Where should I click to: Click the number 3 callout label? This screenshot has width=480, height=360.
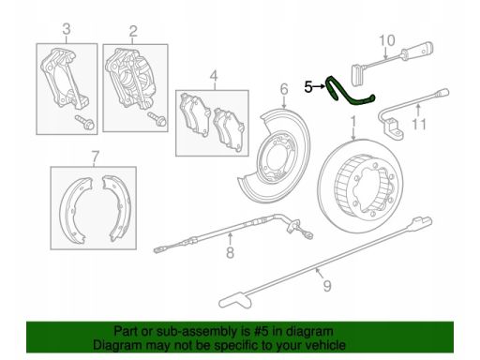pyautogui.click(x=67, y=29)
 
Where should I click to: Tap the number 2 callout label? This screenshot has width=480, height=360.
pyautogui.click(x=133, y=31)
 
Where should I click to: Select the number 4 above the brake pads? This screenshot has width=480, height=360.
pyautogui.click(x=214, y=76)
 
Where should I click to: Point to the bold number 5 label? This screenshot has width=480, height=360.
pyautogui.click(x=308, y=87)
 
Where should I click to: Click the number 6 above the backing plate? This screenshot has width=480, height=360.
pyautogui.click(x=284, y=89)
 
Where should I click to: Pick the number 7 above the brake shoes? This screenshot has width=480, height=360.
pyautogui.click(x=96, y=157)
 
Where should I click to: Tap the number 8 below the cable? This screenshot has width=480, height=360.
pyautogui.click(x=230, y=252)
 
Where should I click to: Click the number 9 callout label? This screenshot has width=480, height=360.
pyautogui.click(x=327, y=286)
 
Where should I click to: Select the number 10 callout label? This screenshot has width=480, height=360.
pyautogui.click(x=387, y=40)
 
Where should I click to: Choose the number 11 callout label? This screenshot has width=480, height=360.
pyautogui.click(x=419, y=125)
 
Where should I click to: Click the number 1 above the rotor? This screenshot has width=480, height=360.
pyautogui.click(x=353, y=122)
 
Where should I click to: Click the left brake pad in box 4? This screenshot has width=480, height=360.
pyautogui.click(x=194, y=113)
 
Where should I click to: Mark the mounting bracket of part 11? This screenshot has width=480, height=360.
pyautogui.click(x=395, y=128)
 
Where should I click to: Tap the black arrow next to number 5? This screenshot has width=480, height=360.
pyautogui.click(x=319, y=86)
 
